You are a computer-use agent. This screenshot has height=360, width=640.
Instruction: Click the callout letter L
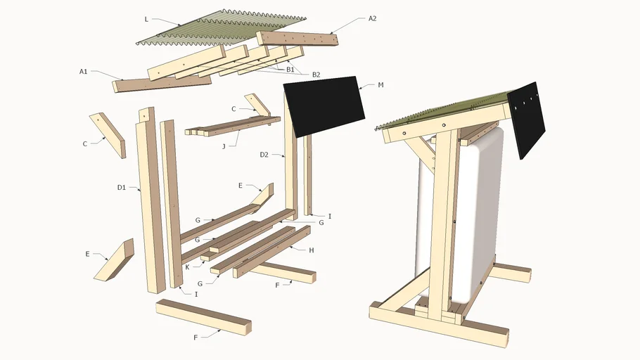point(146,19)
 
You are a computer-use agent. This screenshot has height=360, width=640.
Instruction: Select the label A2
point(372,18)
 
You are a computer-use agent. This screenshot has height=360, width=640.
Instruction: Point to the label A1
point(83,71)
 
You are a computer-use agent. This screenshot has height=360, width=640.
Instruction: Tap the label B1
point(290,69)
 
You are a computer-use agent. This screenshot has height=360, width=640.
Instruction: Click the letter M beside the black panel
point(380,85)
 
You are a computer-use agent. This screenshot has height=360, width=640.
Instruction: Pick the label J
point(223,146)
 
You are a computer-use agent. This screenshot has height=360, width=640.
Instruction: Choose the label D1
point(121,188)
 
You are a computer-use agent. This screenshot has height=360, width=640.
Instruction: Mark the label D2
point(264,155)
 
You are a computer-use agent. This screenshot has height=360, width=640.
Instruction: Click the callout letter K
point(187,267)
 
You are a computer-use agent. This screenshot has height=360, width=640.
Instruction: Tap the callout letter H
point(311,250)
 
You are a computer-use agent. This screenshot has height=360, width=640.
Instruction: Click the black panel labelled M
point(324,105)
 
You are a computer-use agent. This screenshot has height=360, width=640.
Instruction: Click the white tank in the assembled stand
point(478,211)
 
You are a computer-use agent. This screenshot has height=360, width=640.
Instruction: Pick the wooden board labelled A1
point(162,83)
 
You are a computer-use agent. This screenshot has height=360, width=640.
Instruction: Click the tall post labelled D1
point(151,204)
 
